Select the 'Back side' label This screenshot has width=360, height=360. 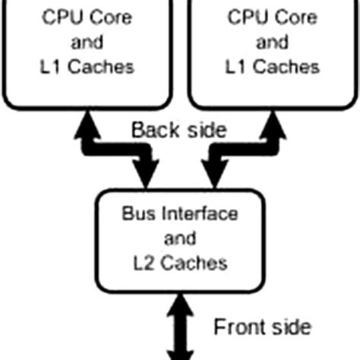[x=179, y=130]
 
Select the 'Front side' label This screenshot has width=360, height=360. [x=262, y=327]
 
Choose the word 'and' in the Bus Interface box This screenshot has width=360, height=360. [x=180, y=238]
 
